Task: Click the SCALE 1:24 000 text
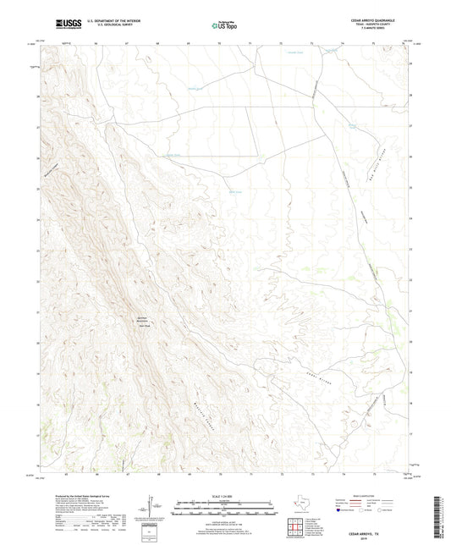click(224, 497)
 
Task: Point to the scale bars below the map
click(224, 510)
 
